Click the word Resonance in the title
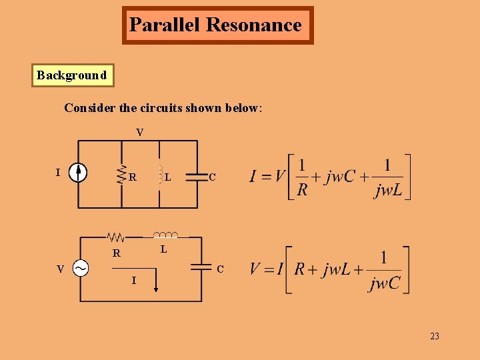pos(254,25)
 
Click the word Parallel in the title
pos(165,25)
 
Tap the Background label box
pos(72,75)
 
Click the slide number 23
pos(434,337)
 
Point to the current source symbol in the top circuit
pos(79,173)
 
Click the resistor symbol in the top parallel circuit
pos(121,175)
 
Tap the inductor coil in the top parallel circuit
pos(159,175)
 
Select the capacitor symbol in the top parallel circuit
pos(197,177)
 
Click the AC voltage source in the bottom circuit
pos(80,269)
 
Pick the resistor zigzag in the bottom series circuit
pos(117,237)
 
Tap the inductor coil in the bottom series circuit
pos(165,235)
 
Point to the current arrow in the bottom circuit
pos(156,281)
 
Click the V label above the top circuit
pos(139,133)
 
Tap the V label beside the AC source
pos(60,269)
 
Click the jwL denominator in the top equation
pos(387,191)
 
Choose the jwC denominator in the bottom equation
pos(383,283)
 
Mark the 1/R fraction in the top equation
pos(302,177)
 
